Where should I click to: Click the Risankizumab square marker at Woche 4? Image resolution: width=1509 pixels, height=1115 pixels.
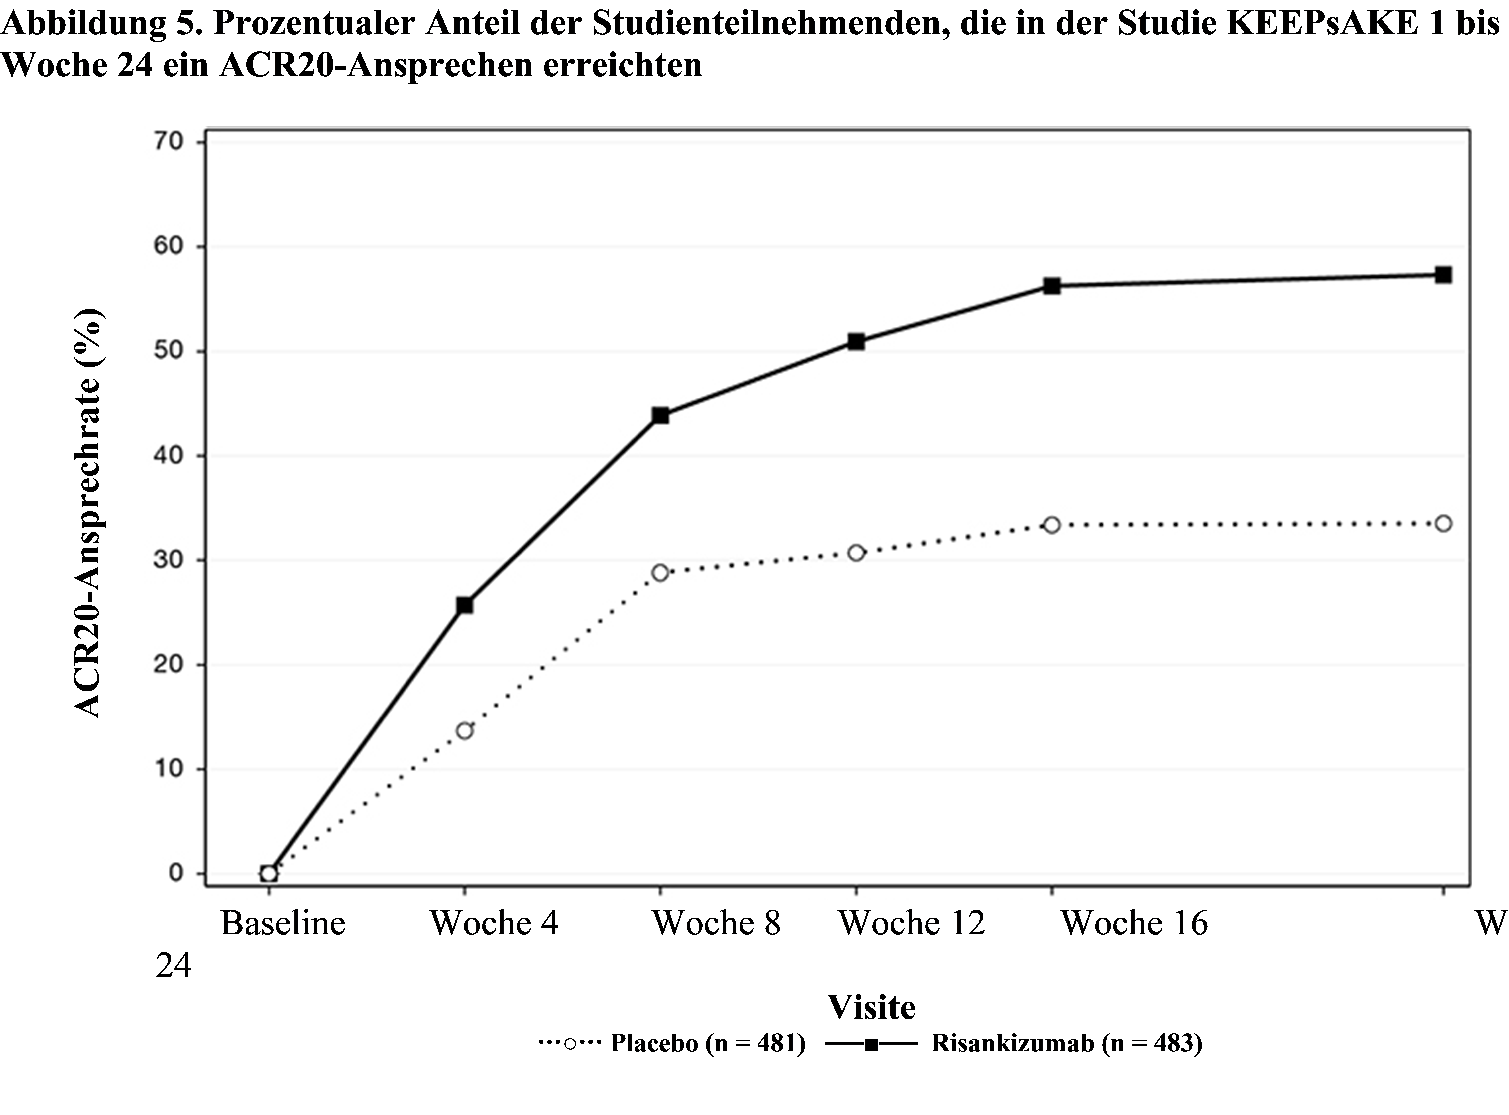click(464, 605)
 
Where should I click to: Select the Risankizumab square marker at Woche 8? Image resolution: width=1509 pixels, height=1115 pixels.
click(660, 416)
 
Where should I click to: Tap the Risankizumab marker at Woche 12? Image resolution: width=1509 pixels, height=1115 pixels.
click(856, 342)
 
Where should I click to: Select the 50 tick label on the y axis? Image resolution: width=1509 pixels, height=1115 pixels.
click(169, 351)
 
